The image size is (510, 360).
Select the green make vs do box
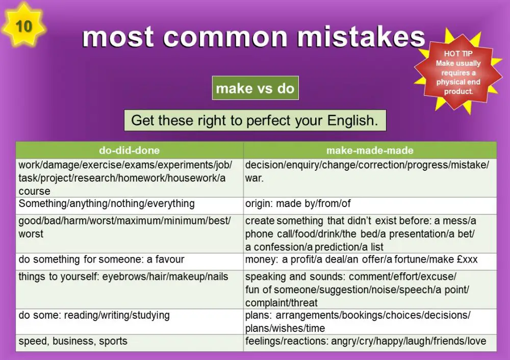tap(255, 89)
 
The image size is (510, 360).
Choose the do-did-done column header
tap(129, 150)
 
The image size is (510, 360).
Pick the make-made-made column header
tap(370, 150)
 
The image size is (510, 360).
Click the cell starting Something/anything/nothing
tap(107, 203)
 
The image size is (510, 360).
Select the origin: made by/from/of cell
tap(298, 203)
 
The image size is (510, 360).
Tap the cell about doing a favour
tap(101, 259)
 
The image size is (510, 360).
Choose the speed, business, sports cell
tap(73, 341)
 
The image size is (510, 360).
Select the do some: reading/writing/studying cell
tap(94, 315)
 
